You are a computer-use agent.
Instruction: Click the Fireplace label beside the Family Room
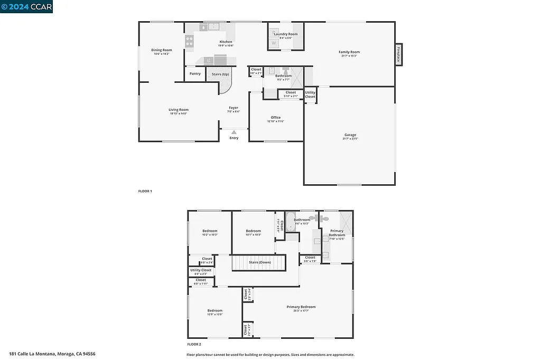coord(398,55)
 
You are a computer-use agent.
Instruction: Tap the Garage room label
coord(350,135)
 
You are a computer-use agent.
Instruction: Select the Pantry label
coord(195,74)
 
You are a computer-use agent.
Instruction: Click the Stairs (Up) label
coord(220,74)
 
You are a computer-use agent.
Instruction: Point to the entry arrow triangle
coord(234,132)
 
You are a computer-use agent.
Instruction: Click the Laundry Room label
coord(285,34)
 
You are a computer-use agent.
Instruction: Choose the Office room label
coord(275,118)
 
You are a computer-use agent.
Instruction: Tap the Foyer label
coord(234,108)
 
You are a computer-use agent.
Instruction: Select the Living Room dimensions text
coord(179,113)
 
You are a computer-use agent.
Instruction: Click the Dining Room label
coord(162,50)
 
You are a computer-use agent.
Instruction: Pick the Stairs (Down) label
coord(260,262)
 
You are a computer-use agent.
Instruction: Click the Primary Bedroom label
coord(301,307)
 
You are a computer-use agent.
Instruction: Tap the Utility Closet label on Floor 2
coord(201,270)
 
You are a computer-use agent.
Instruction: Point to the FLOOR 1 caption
coord(145,191)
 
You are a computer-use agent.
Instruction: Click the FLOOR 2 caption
coord(194,344)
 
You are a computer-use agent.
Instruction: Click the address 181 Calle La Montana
coord(52,354)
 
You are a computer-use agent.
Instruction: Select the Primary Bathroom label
coord(337,233)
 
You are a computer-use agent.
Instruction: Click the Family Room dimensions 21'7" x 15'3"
coord(349,56)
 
